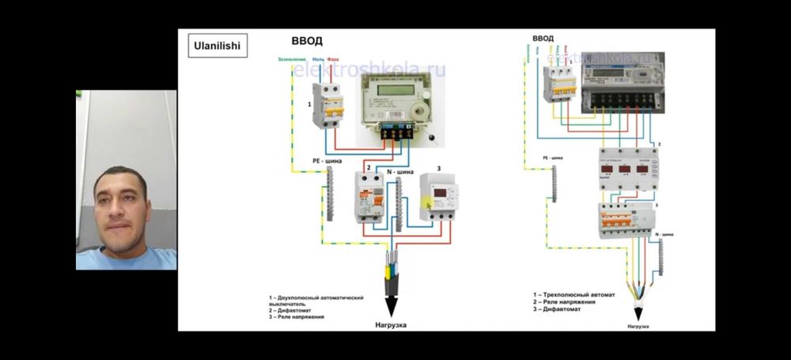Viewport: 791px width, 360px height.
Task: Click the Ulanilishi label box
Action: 216,46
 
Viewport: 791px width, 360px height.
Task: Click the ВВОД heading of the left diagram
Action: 307,41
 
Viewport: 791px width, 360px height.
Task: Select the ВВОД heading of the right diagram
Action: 543,37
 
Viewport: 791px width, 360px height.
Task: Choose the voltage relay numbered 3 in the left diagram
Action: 436,198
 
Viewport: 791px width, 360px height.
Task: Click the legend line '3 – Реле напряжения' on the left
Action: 296,316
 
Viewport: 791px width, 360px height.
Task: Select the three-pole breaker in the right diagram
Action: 559,84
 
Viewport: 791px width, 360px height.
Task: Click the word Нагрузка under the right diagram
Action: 638,325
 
